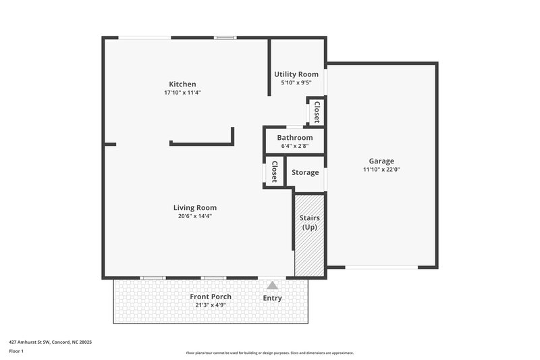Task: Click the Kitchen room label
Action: pos(182,84)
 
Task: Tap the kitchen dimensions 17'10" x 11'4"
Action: pos(182,93)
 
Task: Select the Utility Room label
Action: pos(296,74)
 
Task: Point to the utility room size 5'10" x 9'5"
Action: pos(296,82)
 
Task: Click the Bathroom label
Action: pos(295,138)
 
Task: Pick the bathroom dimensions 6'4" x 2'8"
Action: pos(295,146)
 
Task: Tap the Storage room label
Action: pos(305,172)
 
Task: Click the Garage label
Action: pos(381,161)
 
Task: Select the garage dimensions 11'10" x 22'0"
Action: pos(381,170)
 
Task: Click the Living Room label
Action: pos(194,207)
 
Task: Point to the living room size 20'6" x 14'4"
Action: pos(194,216)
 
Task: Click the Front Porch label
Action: pos(211,297)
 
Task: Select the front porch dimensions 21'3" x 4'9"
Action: pos(211,305)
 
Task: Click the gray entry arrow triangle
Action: pos(272,286)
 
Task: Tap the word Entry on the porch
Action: pos(272,298)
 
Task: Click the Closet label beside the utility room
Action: pos(316,111)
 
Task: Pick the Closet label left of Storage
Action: pos(274,172)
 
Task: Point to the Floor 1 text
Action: pos(17,351)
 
